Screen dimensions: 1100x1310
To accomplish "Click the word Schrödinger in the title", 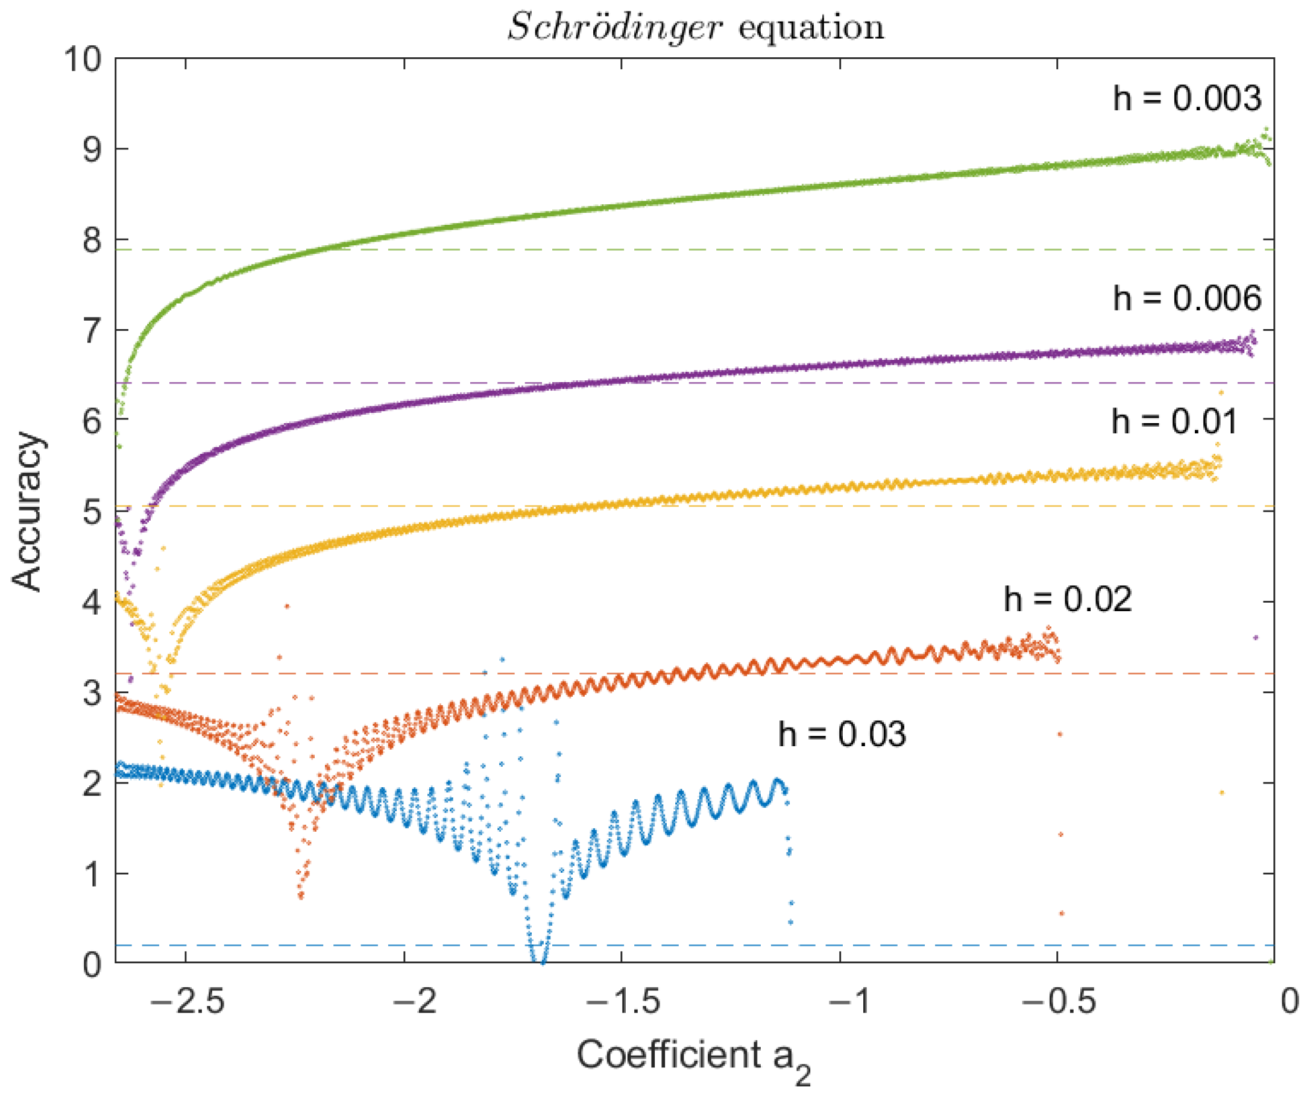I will tap(614, 28).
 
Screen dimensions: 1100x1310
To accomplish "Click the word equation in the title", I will tap(811, 28).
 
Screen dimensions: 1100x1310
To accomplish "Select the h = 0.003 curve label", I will tap(1186, 98).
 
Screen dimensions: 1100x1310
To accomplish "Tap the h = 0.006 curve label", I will tap(1186, 298).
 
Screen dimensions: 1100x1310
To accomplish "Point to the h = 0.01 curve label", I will tap(1174, 421).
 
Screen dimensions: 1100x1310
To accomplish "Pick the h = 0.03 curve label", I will tap(842, 734).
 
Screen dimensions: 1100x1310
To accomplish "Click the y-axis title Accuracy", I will tap(28, 511).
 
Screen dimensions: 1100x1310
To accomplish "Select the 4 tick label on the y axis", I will tap(92, 602).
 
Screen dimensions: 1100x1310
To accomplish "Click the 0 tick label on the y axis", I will tap(92, 964).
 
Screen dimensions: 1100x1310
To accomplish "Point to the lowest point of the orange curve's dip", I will tap(301, 897).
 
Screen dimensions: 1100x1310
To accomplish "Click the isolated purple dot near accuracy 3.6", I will tap(1256, 637).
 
